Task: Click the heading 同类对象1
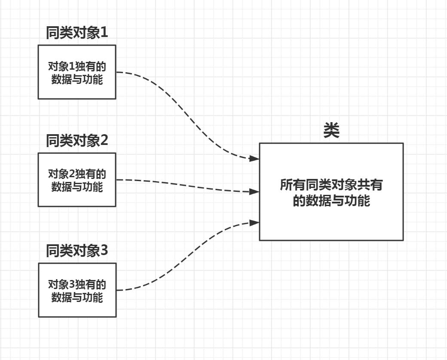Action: pyautogui.click(x=77, y=33)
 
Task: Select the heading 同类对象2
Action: pyautogui.click(x=77, y=141)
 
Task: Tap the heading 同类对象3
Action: pyautogui.click(x=77, y=251)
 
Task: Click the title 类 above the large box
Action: pyautogui.click(x=331, y=131)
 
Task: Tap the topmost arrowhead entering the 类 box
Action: pyautogui.click(x=254, y=158)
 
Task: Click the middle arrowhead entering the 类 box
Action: pyautogui.click(x=254, y=191)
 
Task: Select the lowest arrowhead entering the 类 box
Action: pyautogui.click(x=254, y=222)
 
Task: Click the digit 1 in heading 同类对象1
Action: pyautogui.click(x=104, y=33)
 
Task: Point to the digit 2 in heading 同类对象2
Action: pyautogui.click(x=104, y=141)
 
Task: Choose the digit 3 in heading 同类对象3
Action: pyautogui.click(x=104, y=251)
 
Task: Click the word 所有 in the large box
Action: pyautogui.click(x=293, y=185)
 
